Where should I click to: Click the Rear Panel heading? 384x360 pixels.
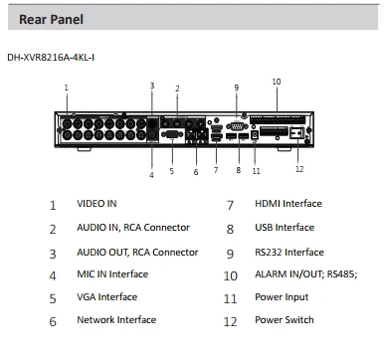coord(51,19)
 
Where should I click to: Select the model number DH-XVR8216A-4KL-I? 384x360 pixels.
coord(51,58)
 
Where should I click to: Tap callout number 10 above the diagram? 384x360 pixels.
coord(277,82)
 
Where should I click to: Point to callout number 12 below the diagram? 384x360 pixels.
coord(299,169)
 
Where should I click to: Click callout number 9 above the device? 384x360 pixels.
coord(237,88)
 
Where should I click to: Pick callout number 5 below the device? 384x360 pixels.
coord(171,171)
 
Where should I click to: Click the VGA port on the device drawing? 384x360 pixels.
coord(172,135)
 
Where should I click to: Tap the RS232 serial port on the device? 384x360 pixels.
coord(237,126)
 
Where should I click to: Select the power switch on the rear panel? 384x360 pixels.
coord(296,133)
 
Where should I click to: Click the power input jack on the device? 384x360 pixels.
coord(255,135)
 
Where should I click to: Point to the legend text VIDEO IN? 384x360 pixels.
coord(96,204)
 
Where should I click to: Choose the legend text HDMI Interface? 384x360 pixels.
coord(288,204)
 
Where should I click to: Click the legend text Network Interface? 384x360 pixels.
coord(116,320)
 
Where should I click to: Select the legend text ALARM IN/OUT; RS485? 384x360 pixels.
coord(306,274)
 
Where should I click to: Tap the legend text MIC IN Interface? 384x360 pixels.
coord(112,274)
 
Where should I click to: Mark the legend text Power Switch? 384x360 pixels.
coord(285,320)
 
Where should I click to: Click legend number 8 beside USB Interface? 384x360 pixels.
coord(230,229)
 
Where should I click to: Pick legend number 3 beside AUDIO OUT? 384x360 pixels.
coord(53,254)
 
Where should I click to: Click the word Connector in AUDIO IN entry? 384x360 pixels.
coord(166,228)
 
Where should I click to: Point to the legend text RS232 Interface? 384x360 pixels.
coord(289,253)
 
